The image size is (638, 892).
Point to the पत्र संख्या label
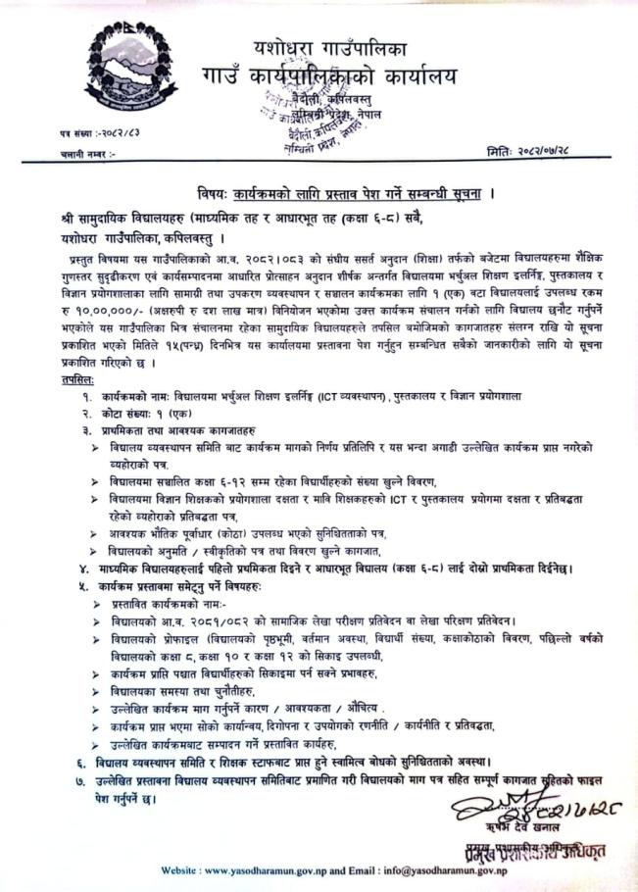61,131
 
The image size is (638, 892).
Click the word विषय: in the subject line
207,193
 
